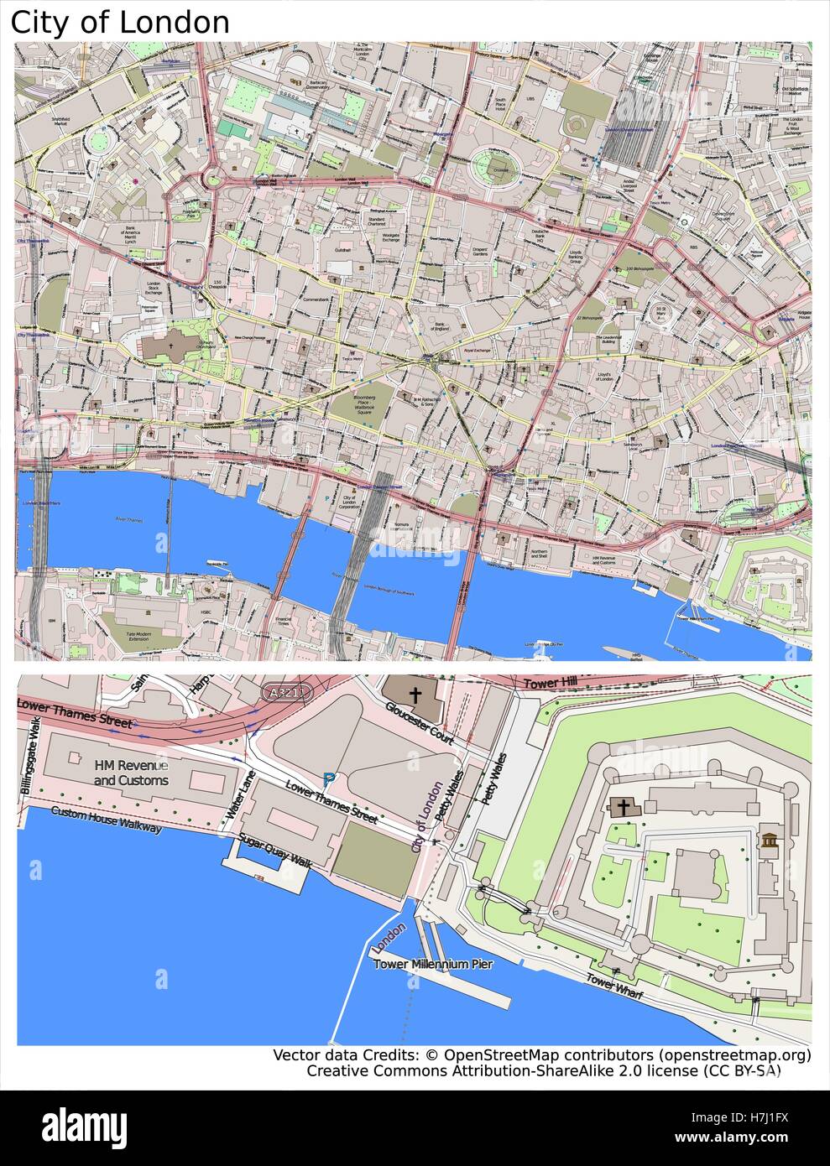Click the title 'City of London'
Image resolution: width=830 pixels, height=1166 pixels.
pos(120,22)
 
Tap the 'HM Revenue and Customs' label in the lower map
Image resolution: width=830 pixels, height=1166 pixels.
pos(131,773)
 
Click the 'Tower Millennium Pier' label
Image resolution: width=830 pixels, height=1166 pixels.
pos(433,965)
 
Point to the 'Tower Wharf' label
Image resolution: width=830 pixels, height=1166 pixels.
pos(614,986)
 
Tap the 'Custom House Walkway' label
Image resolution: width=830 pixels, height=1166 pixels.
pos(106,820)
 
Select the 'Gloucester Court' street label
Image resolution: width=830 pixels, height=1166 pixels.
pos(420,722)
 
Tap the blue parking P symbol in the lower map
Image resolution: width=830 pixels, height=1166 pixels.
pos(327,778)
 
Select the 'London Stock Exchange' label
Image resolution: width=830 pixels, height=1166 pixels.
pos(154,289)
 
